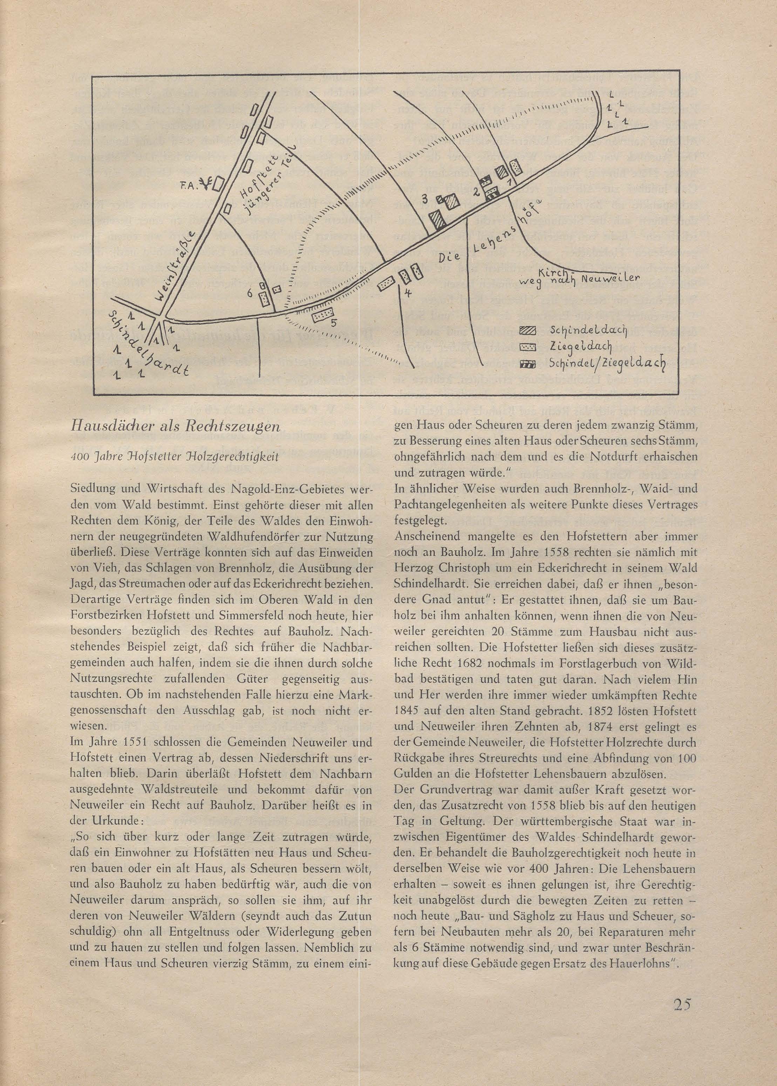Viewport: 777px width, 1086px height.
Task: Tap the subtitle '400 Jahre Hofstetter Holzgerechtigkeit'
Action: point(174,456)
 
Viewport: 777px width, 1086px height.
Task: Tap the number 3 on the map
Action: point(424,200)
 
